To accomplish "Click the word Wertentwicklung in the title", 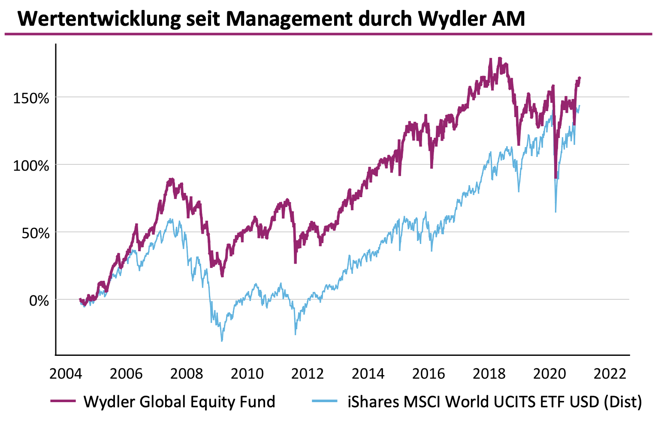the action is (x=99, y=19).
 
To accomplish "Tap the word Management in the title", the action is (x=290, y=19).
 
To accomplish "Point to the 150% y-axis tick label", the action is (x=31, y=98).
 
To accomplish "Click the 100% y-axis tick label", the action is (x=31, y=166).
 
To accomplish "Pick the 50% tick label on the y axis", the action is (x=35, y=233).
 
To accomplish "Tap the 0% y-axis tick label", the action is (x=39, y=301).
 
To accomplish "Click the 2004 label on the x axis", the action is (x=66, y=374).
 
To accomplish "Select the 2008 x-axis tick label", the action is (x=187, y=374).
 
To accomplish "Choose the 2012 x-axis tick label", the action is (x=307, y=374).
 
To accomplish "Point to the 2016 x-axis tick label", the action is (x=429, y=374).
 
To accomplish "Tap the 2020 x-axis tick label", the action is (x=549, y=374).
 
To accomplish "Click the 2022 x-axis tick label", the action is (x=610, y=374).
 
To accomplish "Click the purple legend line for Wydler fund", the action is (x=63, y=401).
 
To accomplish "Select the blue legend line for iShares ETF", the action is (x=325, y=401).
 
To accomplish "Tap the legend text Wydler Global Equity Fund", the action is (x=179, y=402).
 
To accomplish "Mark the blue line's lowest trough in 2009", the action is (x=222, y=340).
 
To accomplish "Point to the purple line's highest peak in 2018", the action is (x=500, y=58).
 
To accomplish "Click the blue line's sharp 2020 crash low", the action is (x=555, y=212).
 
